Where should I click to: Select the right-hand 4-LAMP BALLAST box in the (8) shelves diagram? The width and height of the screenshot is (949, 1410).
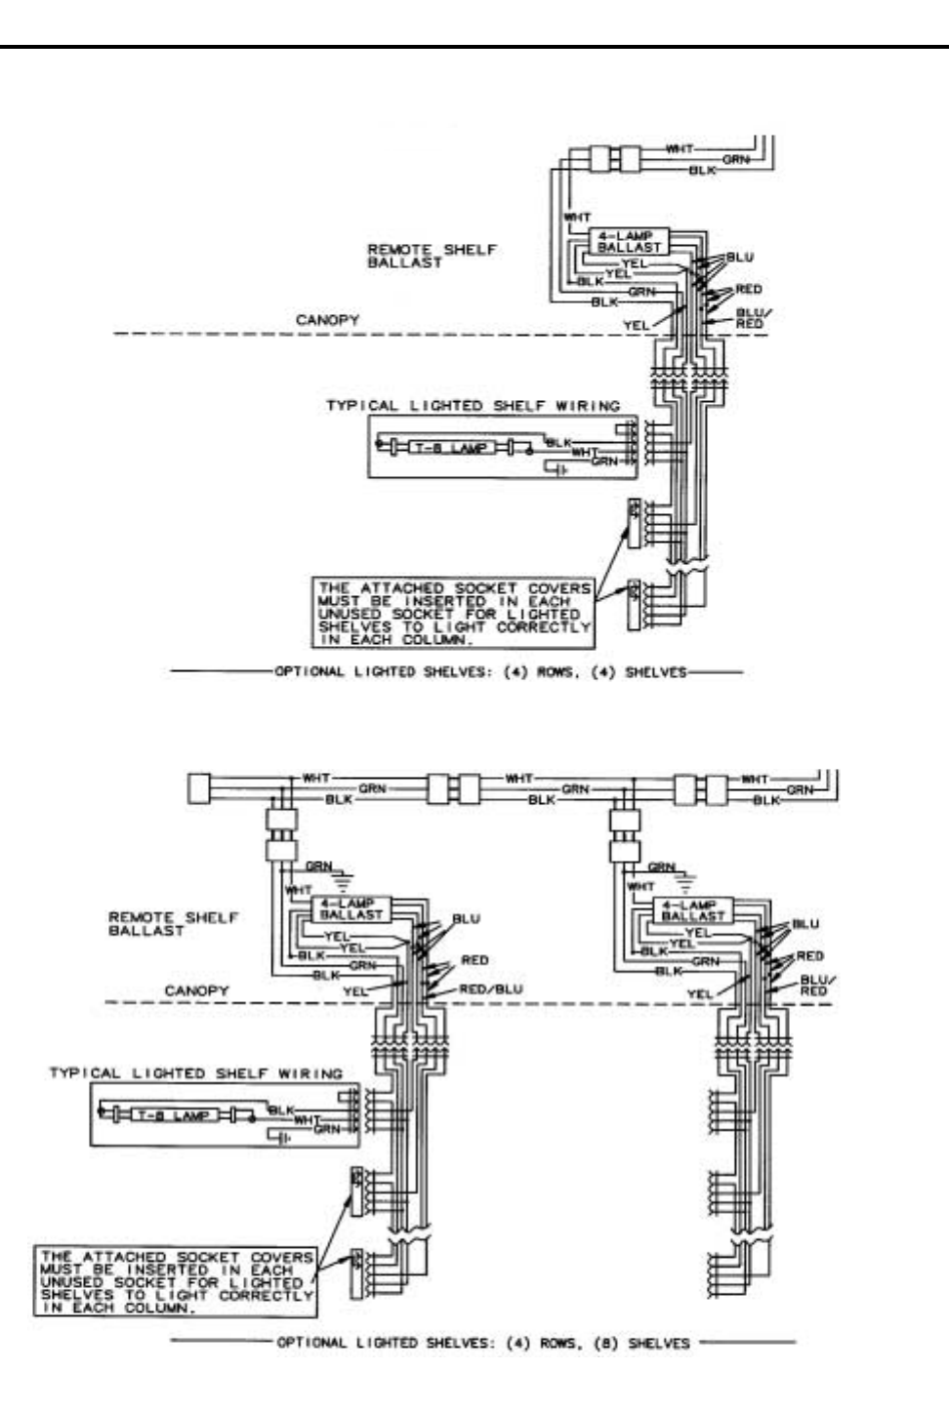693,911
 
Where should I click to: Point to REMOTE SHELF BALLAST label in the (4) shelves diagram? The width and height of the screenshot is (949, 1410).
432,256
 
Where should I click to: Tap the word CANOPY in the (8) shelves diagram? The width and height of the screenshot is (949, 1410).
196,990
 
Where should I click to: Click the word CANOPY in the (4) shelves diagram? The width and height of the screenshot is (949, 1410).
327,320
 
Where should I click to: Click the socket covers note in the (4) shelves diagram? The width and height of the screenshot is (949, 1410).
454,614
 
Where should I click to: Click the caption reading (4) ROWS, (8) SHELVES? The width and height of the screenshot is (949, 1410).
482,1343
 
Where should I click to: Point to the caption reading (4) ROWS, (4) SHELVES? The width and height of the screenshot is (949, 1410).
475,671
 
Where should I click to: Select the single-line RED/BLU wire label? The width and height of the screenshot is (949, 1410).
490,988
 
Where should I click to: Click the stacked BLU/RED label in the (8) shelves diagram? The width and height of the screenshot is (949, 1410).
812,985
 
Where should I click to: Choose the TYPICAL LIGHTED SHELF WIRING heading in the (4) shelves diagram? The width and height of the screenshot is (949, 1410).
473,405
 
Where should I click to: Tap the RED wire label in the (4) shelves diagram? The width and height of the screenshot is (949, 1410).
749,289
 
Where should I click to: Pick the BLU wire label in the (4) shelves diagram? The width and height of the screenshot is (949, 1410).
740,258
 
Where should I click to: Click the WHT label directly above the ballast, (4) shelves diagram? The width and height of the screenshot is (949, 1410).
577,217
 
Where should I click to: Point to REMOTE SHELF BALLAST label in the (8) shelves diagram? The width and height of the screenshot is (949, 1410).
173,923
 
